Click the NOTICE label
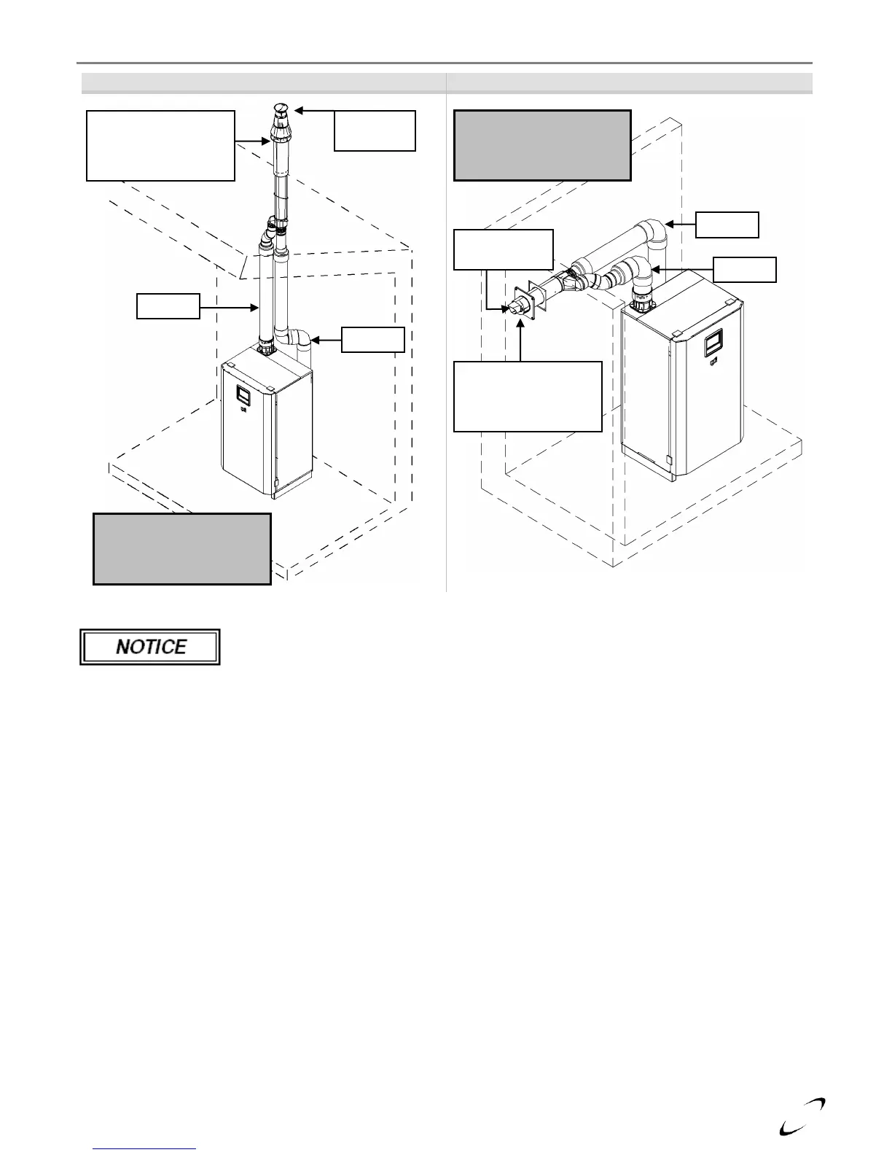(150, 647)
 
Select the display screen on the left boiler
(240, 394)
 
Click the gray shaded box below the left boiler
(182, 549)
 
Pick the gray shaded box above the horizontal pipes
(542, 145)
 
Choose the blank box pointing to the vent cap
(375, 131)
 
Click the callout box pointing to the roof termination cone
(160, 145)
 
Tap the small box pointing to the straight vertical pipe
(168, 306)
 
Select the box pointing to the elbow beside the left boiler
(373, 339)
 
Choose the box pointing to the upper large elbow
(727, 225)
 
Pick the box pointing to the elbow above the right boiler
(744, 269)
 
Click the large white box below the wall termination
(528, 396)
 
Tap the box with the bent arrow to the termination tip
(503, 249)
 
